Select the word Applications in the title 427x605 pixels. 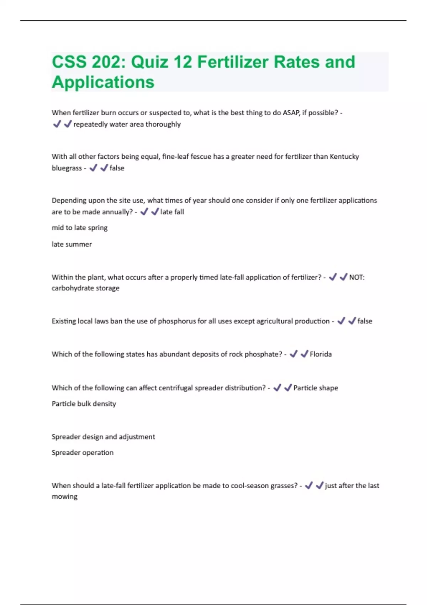click(103, 82)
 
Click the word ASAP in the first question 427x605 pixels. click(291, 113)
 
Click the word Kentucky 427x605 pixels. click(344, 157)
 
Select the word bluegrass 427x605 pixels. click(67, 168)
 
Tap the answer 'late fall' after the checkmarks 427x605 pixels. click(172, 212)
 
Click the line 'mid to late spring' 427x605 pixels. click(80, 228)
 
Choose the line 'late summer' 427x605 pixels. click(72, 244)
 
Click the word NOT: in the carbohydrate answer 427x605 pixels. click(357, 277)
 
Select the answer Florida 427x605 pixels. click(321, 354)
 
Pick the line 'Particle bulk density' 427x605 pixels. click(84, 404)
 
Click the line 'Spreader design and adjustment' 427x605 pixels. click(103, 437)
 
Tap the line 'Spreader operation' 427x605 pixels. click(83, 453)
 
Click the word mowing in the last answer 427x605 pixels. click(64, 496)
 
